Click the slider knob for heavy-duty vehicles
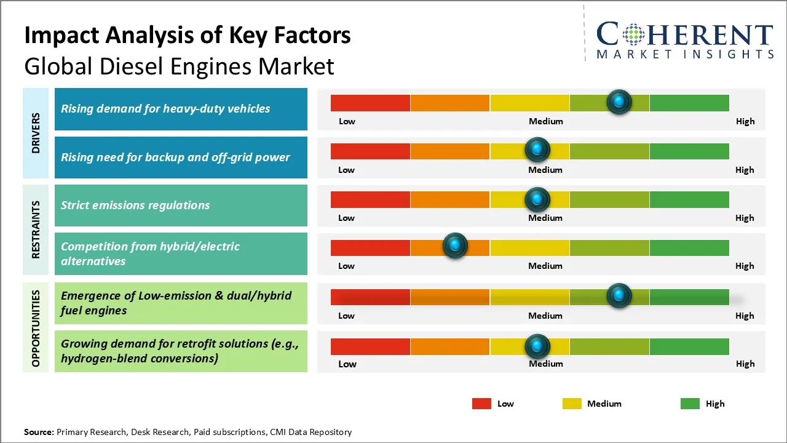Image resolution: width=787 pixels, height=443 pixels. [619, 102]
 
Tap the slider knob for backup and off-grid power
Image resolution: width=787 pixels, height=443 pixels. [537, 150]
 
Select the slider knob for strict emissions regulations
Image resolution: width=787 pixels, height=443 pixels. [537, 199]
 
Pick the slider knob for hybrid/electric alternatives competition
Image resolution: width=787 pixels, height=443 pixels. [455, 246]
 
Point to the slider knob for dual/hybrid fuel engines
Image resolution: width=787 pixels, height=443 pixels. [619, 295]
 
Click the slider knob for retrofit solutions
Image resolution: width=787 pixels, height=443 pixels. [537, 346]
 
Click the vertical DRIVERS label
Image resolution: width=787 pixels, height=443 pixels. [36, 133]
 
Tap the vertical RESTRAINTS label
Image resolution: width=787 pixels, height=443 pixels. [36, 229]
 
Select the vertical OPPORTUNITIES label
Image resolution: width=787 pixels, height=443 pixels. [36, 328]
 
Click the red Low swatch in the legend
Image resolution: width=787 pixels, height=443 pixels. [481, 404]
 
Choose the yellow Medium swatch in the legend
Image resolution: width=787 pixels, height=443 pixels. [572, 404]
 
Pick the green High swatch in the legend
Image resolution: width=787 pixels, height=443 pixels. [690, 404]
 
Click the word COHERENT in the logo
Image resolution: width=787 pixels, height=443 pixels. [685, 34]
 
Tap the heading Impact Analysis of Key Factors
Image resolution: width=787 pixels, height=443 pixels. [188, 35]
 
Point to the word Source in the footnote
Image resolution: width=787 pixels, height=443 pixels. [39, 432]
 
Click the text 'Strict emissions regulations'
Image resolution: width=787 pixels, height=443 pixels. [135, 205]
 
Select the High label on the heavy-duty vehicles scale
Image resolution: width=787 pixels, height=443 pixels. [745, 121]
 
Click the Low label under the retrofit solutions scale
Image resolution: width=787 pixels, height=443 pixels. [347, 364]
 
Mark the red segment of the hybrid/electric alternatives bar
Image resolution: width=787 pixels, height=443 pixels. [370, 247]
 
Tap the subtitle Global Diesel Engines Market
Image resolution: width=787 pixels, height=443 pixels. [179, 66]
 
